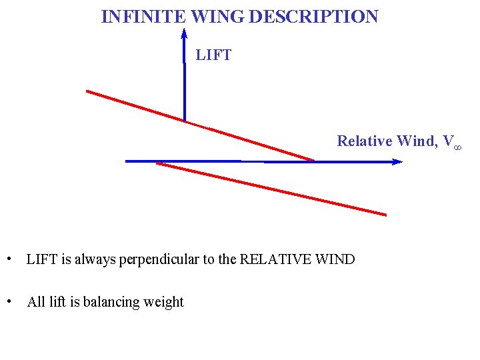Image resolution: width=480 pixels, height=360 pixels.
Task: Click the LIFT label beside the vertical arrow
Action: (x=213, y=55)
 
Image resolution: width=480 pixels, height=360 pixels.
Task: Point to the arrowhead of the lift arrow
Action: (x=184, y=33)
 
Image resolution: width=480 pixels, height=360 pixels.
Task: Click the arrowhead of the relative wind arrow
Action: (x=397, y=161)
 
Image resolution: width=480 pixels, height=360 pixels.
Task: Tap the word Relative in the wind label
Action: (x=365, y=141)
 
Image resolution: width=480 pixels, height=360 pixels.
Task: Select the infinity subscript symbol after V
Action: (x=457, y=145)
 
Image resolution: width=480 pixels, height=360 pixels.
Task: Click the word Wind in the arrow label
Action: (x=417, y=141)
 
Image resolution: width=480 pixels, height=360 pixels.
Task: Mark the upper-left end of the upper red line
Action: (x=87, y=91)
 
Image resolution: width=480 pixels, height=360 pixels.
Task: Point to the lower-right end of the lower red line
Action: (x=385, y=215)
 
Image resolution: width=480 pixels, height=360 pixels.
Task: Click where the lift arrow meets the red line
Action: (x=185, y=121)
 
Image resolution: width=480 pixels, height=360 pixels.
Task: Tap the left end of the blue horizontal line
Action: (x=127, y=161)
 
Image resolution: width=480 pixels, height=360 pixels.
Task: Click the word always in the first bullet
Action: (x=94, y=259)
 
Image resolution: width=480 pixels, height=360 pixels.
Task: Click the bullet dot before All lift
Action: (x=8, y=301)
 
